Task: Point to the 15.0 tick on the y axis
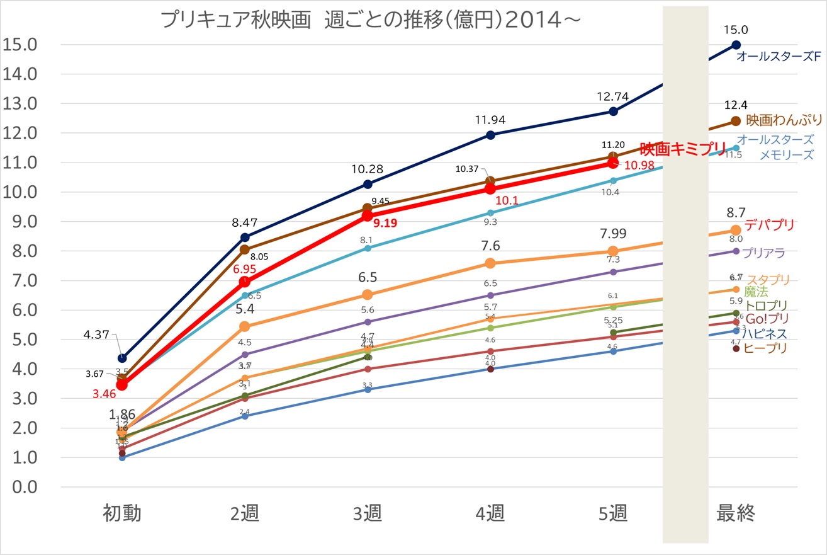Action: (x=20, y=45)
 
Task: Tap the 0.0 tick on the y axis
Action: (x=20, y=488)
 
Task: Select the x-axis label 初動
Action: (x=122, y=514)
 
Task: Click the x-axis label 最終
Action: (x=736, y=514)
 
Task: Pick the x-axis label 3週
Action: (x=368, y=514)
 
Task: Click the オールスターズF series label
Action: (x=779, y=57)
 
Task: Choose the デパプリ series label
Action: (x=769, y=225)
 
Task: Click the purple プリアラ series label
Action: (x=763, y=253)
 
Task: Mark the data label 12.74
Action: (x=613, y=96)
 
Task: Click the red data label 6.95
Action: (x=245, y=269)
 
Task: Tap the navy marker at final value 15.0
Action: (x=736, y=45)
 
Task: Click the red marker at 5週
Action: (x=613, y=163)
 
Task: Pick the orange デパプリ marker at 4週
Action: (x=490, y=263)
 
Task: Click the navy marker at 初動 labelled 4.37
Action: (x=122, y=358)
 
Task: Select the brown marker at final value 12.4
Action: (x=736, y=121)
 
